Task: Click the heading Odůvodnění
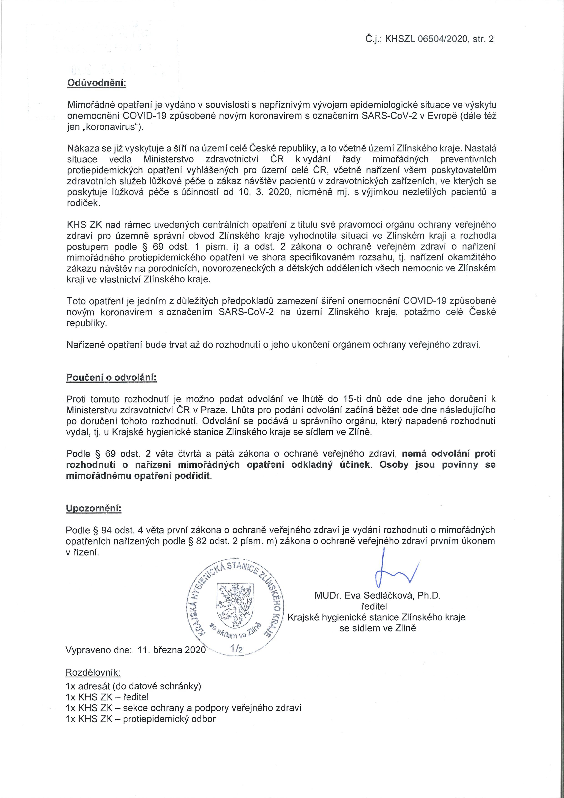click(x=96, y=83)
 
